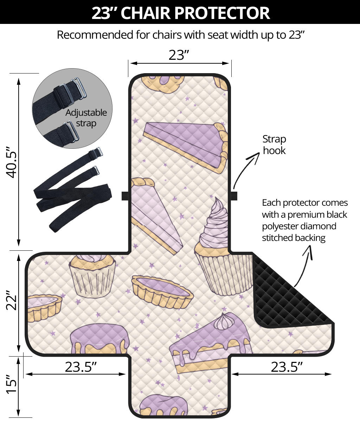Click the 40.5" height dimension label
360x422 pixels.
[11, 162]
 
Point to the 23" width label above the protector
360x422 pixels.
[179, 55]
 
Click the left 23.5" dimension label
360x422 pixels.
[81, 367]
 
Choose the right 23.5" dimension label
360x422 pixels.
[287, 367]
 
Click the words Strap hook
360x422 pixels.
[274, 145]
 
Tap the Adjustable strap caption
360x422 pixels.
[86, 118]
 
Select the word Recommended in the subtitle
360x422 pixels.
[95, 35]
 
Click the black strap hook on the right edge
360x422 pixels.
[234, 196]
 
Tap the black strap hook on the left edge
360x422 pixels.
[125, 196]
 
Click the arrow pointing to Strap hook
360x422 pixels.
[245, 167]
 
